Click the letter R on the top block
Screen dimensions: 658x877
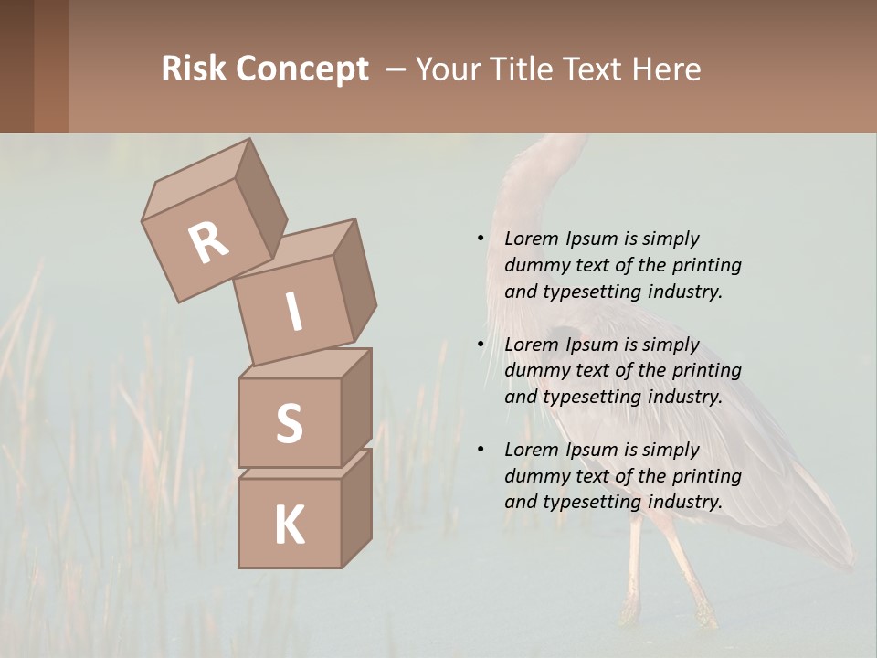point(208,242)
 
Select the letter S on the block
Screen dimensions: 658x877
point(289,423)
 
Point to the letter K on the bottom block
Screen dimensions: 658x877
point(289,525)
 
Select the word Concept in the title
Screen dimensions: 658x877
point(303,69)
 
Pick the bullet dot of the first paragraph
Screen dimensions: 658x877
point(481,239)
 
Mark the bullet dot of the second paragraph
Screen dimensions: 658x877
point(481,345)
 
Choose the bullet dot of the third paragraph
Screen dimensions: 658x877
point(481,450)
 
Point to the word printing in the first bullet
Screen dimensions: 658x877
point(706,265)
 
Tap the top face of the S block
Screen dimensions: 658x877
point(306,363)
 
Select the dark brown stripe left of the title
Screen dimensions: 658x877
point(50,66)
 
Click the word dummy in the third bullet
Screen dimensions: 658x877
point(534,476)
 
